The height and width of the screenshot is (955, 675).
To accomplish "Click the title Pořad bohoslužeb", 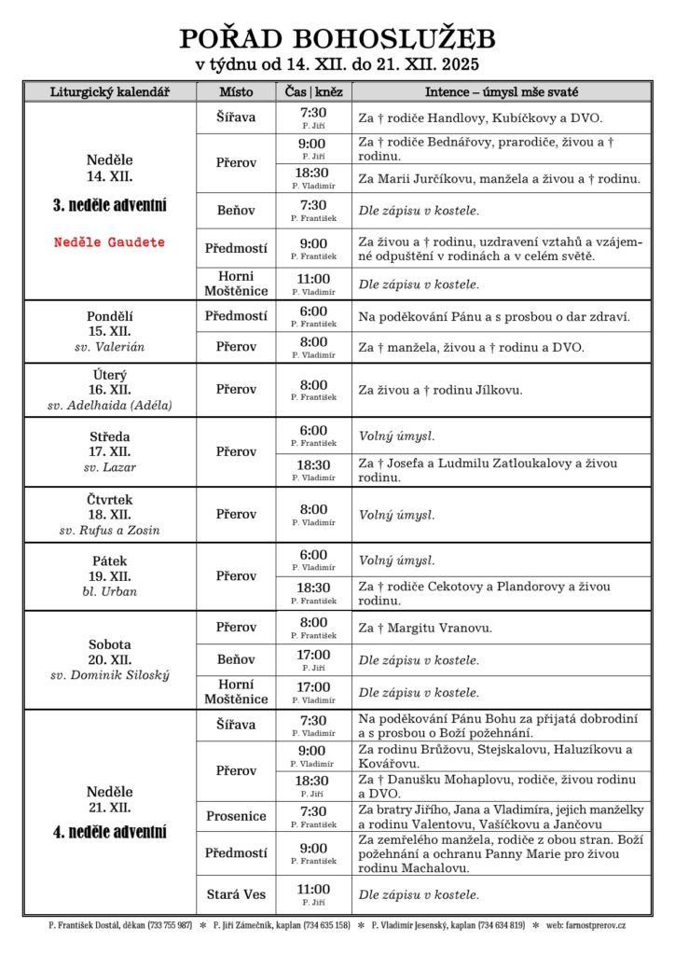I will coord(337,38).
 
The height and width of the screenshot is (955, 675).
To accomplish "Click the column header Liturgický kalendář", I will coord(110,92).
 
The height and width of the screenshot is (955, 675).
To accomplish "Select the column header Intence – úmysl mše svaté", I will coord(501,92).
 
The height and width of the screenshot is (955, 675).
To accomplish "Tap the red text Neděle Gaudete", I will coord(109,242).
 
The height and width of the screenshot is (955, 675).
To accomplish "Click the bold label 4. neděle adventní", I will coord(109,832).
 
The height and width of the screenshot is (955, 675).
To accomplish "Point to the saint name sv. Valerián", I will coord(109,347).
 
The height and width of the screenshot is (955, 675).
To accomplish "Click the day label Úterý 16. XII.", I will coord(109,381).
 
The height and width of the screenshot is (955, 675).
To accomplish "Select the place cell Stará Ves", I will coord(236,894).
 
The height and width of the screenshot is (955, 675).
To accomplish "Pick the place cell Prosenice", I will coord(236,816).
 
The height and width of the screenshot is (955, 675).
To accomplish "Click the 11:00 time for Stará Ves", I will coord(313,889).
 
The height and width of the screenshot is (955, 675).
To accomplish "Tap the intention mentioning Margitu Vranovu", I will coord(425,628).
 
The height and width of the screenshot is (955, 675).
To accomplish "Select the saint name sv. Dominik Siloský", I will coord(109,675).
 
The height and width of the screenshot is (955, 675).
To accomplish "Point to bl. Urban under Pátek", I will coord(109,591).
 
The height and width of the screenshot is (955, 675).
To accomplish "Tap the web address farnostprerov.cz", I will coord(594,925).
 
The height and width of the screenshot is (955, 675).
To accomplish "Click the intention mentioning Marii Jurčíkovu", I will coord(499,178).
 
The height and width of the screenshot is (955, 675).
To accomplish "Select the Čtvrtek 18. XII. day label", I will coord(109,506).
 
